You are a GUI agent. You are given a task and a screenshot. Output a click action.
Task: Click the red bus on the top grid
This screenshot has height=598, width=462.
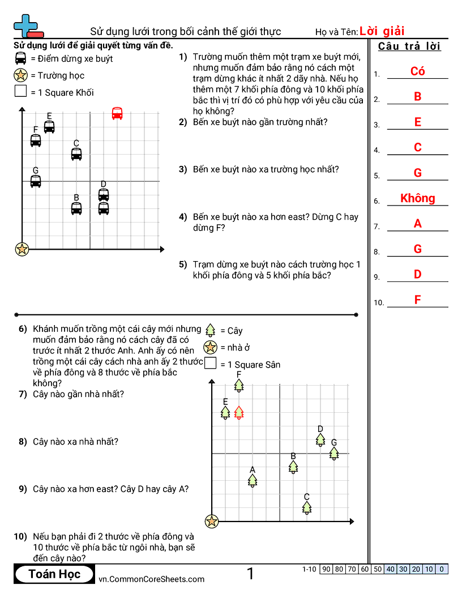(x=117, y=113)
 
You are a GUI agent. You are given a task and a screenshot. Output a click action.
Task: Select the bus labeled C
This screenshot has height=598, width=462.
(x=76, y=153)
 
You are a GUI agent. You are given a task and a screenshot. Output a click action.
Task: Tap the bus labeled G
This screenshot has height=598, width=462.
(x=36, y=181)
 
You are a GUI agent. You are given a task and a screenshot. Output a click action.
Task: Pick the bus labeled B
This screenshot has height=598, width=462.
(x=76, y=208)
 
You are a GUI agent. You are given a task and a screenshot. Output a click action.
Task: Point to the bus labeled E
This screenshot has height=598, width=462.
(x=49, y=126)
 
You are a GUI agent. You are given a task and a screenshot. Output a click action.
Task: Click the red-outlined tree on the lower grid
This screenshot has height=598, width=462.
(x=239, y=412)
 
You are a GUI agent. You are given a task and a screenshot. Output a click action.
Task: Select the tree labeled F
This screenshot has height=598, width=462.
(x=239, y=385)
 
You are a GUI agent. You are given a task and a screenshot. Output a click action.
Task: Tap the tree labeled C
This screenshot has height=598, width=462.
(x=307, y=507)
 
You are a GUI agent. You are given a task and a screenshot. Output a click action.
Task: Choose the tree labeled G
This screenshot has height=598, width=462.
(x=334, y=453)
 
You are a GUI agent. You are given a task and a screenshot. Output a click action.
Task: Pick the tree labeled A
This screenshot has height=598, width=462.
(x=253, y=480)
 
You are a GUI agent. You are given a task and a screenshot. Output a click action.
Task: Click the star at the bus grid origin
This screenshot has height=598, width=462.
(x=22, y=249)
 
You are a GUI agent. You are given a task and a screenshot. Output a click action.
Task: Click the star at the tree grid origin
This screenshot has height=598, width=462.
(x=212, y=521)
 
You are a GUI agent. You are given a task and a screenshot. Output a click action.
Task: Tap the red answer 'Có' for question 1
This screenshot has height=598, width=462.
(x=417, y=71)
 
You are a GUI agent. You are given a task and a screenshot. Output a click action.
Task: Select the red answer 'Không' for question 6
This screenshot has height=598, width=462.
(x=417, y=198)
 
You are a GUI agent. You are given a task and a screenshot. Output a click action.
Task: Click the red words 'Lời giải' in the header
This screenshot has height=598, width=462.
(x=382, y=31)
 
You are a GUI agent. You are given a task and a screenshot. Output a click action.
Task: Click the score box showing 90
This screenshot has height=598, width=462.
(x=326, y=569)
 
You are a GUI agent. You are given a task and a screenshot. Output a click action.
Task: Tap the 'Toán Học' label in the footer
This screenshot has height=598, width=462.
(x=55, y=574)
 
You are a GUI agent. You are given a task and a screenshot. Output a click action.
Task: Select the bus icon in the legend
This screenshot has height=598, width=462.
(x=21, y=58)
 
